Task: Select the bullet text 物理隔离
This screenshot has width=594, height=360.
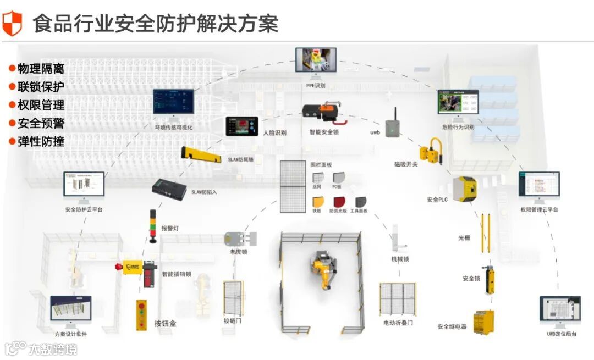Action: tap(40, 69)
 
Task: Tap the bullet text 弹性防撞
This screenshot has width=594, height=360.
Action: tap(40, 141)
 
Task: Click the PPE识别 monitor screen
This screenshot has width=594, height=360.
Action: tap(316, 60)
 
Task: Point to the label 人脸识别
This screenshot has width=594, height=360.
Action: tap(274, 132)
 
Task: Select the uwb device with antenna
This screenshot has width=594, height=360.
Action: tap(392, 126)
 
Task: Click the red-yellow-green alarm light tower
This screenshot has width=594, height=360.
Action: tap(153, 226)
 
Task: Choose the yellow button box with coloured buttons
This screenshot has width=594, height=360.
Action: tap(142, 314)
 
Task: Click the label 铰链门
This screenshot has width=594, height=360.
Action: tap(233, 320)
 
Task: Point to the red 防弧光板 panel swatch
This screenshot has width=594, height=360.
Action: tap(339, 202)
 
